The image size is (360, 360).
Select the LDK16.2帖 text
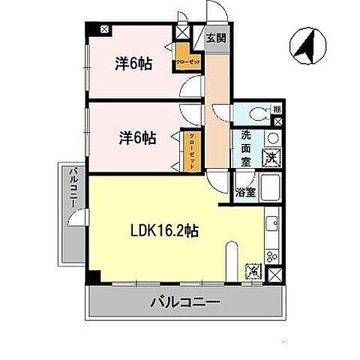(x=166, y=231)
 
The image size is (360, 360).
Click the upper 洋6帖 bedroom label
(x=133, y=64)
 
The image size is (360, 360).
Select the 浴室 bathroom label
(x=245, y=191)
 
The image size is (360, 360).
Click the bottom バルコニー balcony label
(x=184, y=304)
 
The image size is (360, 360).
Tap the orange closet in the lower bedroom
(x=193, y=150)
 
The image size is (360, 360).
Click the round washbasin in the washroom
(x=272, y=138)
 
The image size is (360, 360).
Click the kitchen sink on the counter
(x=271, y=223)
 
